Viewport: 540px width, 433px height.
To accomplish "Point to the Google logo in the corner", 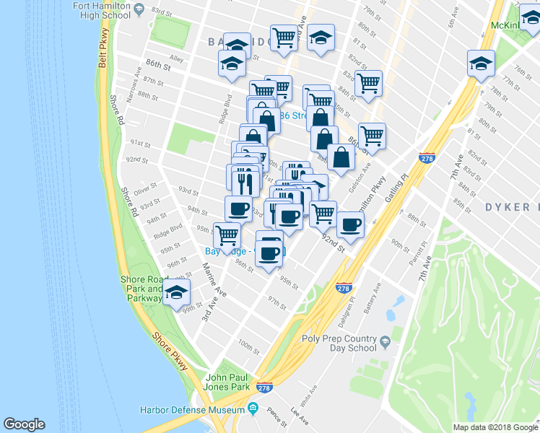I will [x=24, y=424].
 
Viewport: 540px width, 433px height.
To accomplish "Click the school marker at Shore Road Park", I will [x=175, y=292].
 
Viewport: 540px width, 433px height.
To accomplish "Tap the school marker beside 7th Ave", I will [x=480, y=64].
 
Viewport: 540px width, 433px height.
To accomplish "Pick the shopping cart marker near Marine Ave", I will [x=227, y=235].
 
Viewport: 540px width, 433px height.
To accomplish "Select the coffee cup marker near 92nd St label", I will [x=351, y=224].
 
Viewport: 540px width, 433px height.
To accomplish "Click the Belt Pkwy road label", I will [x=103, y=49].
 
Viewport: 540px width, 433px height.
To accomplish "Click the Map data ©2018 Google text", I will [x=495, y=427].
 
